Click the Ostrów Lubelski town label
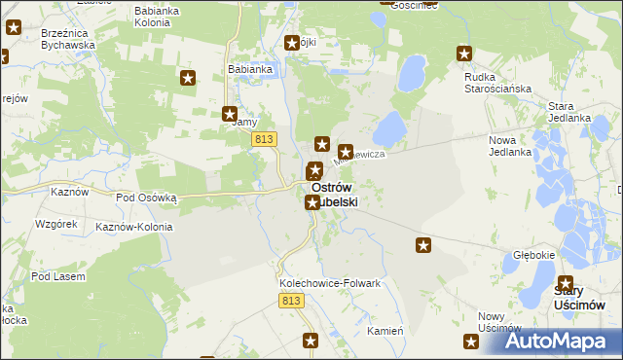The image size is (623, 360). (334, 195)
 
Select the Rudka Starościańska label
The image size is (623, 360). (496, 83)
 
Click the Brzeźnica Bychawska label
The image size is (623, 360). (68, 38)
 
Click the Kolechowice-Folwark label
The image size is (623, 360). (329, 283)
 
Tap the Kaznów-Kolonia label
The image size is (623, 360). (134, 227)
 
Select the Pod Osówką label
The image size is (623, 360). (146, 197)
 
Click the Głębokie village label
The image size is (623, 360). (533, 255)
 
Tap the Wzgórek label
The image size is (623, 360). (55, 224)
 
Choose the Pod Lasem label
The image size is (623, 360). (57, 276)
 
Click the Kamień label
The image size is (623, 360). (385, 331)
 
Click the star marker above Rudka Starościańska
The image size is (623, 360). (464, 54)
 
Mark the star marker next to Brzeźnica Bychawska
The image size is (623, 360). (13, 27)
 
